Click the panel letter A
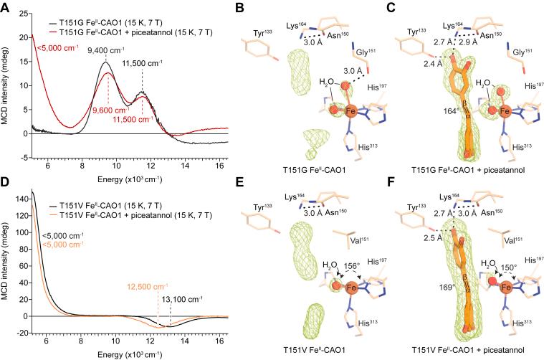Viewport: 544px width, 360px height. click(x=6, y=6)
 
